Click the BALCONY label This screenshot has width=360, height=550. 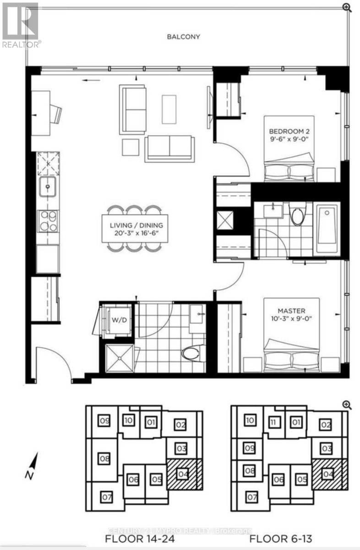pyautogui.click(x=183, y=37)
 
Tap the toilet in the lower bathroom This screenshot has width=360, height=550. pyautogui.click(x=191, y=353)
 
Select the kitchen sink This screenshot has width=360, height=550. pyautogui.click(x=48, y=187)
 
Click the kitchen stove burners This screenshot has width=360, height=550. pyautogui.click(x=48, y=220)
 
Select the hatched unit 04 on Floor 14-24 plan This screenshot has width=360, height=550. pyautogui.click(x=183, y=473)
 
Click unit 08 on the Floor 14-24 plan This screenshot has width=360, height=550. pyautogui.click(x=104, y=459)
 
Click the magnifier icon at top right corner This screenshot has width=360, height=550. pyautogui.click(x=347, y=7)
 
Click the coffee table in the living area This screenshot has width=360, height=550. pyautogui.click(x=169, y=109)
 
